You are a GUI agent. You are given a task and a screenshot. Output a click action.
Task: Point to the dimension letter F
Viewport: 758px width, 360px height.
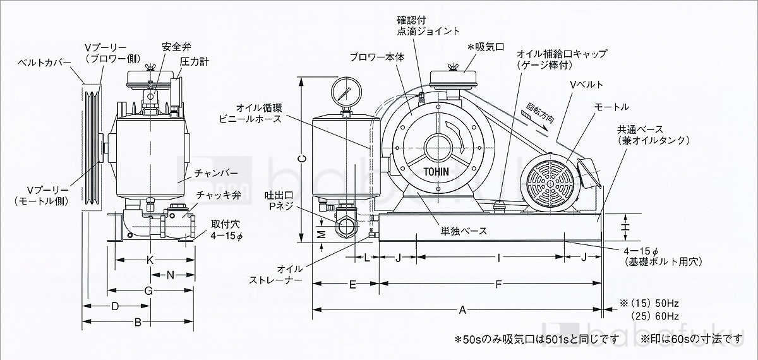[498, 285]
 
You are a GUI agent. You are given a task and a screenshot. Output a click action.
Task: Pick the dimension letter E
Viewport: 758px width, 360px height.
[353, 285]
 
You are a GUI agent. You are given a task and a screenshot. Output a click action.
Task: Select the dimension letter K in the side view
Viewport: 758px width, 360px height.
[150, 260]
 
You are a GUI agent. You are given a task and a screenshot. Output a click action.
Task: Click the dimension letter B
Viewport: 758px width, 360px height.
[138, 322]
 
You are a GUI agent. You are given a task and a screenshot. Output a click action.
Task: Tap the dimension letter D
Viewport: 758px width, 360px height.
[115, 306]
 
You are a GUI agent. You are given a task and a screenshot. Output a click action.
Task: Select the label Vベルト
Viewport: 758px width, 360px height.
[586, 85]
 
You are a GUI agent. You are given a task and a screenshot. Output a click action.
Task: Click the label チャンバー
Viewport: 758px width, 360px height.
[216, 172]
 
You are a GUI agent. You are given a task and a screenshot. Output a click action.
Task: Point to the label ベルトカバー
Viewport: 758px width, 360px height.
[42, 63]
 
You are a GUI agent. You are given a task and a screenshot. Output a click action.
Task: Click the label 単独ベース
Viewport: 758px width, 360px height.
[464, 231]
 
